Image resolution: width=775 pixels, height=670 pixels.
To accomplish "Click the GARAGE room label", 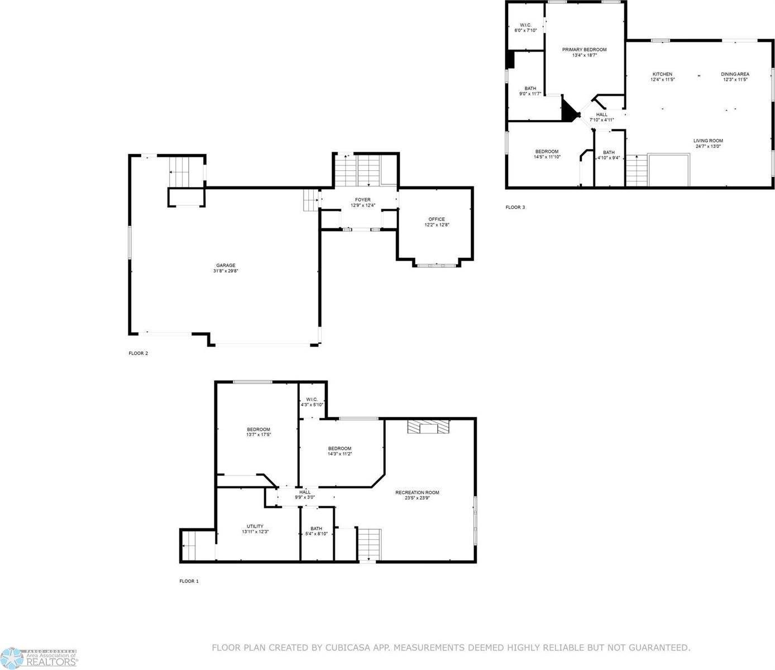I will [x=226, y=265].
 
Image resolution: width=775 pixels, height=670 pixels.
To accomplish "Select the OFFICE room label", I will [x=437, y=219].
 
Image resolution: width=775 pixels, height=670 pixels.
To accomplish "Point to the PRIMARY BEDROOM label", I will [x=584, y=50].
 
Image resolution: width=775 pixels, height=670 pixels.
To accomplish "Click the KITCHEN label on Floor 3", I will [x=663, y=74].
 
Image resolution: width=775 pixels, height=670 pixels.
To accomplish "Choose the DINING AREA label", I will [x=735, y=74].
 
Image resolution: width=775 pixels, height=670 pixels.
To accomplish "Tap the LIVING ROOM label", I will [x=708, y=141].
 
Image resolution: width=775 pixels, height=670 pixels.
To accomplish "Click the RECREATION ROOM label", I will [x=417, y=492].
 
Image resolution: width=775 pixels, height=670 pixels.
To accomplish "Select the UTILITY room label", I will [x=255, y=526].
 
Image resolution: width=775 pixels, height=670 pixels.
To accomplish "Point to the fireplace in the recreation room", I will [x=428, y=427].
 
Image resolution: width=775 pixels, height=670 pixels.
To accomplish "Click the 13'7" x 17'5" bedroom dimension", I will [x=259, y=434].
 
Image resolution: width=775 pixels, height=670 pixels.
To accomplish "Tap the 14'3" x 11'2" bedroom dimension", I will [x=339, y=454].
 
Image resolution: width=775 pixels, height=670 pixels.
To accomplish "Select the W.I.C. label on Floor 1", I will [x=312, y=399].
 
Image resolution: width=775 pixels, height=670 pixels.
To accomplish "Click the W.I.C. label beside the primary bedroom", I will [x=525, y=25].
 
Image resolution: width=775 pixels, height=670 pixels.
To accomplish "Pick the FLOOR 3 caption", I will [x=515, y=207].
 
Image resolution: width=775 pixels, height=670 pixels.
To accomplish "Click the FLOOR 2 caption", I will [x=138, y=353].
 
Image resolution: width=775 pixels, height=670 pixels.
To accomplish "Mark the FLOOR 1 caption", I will [x=189, y=581].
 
